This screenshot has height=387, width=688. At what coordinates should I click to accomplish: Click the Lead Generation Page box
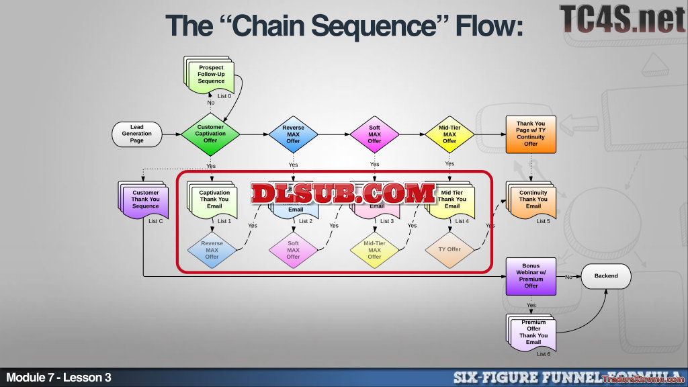pyautogui.click(x=136, y=134)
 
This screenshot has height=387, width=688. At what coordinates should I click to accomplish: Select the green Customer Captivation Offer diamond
pyautogui.click(x=210, y=134)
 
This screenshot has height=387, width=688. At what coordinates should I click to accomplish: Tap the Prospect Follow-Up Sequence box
pyautogui.click(x=211, y=75)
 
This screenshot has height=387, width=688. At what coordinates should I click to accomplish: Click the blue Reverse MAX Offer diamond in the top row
pyautogui.click(x=293, y=134)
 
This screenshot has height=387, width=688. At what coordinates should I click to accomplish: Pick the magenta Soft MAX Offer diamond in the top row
pyautogui.click(x=374, y=134)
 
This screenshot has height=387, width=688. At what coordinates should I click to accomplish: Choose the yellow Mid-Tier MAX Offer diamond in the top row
pyautogui.click(x=449, y=134)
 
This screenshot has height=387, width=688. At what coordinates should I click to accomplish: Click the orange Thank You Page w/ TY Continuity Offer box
pyautogui.click(x=531, y=134)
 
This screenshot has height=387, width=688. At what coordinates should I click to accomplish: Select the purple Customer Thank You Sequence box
pyautogui.click(x=144, y=200)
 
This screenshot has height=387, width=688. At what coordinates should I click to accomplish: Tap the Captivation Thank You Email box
pyautogui.click(x=214, y=200)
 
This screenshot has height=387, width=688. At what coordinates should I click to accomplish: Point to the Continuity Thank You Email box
pyautogui.click(x=533, y=200)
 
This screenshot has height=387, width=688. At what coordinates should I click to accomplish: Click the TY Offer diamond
pyautogui.click(x=449, y=249)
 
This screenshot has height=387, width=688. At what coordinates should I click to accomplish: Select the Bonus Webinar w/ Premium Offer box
pyautogui.click(x=531, y=275)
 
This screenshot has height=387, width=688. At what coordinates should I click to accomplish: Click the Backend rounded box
pyautogui.click(x=605, y=275)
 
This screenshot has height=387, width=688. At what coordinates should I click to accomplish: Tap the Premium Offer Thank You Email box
pyautogui.click(x=533, y=333)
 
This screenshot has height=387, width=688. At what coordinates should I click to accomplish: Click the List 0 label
pyautogui.click(x=224, y=96)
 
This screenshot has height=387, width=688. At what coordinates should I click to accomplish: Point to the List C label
pyautogui.click(x=155, y=221)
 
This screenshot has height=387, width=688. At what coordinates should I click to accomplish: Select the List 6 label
pyautogui.click(x=544, y=354)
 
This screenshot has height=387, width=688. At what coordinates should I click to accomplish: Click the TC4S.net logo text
pyautogui.click(x=621, y=19)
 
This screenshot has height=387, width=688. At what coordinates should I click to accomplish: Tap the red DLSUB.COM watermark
pyautogui.click(x=343, y=193)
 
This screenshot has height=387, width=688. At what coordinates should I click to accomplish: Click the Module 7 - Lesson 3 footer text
pyautogui.click(x=59, y=378)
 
